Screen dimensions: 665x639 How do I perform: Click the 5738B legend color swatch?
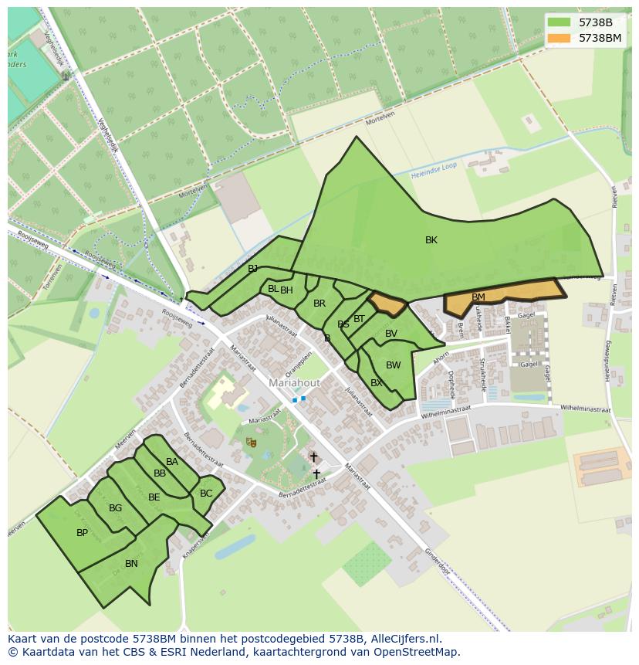559,22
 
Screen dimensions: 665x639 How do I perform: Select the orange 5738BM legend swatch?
559,38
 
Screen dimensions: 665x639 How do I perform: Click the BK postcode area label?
431,240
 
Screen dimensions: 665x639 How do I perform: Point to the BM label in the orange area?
478,297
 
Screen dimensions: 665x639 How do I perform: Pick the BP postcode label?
82,533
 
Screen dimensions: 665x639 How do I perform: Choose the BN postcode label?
131,564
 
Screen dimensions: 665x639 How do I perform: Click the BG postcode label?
116,508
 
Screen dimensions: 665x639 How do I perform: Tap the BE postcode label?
154,497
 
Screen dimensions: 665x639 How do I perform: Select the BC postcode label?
206,494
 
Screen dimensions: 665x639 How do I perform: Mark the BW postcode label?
394,365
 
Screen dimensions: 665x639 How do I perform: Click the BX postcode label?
377,383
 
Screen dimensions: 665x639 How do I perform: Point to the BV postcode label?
391,334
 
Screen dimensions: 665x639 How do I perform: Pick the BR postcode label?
319,304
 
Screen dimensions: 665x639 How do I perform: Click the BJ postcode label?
252,269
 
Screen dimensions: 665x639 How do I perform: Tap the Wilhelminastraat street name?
585,409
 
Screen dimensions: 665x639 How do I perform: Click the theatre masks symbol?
251,442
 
